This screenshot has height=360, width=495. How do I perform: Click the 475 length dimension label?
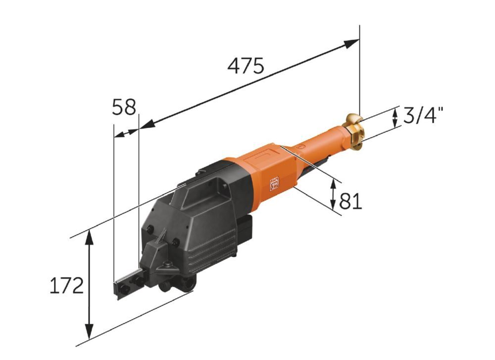click(x=246, y=66)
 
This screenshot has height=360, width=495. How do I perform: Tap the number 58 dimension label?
click(x=124, y=107)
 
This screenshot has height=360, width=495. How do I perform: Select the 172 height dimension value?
click(x=67, y=286)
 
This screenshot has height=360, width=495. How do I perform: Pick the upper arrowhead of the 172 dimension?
click(x=90, y=237)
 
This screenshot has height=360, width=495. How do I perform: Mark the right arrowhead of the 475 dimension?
click(x=351, y=43)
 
